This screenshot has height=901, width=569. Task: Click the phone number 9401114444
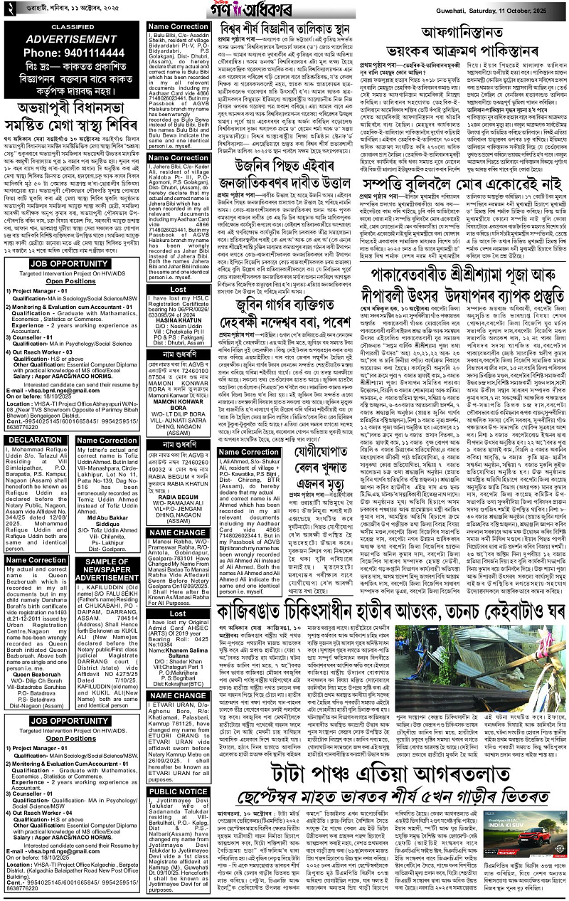pyautogui.click(x=71, y=52)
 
